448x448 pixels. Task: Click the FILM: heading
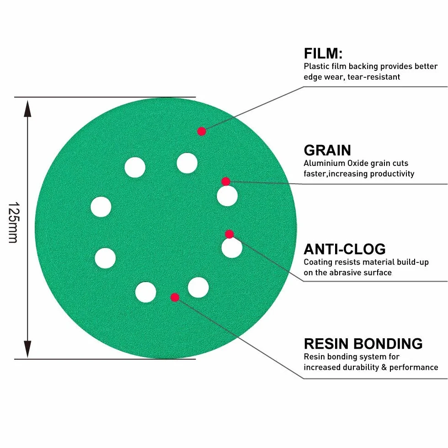pos(323,53)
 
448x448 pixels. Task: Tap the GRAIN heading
pos(327,150)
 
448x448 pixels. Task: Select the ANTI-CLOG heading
pos(345,249)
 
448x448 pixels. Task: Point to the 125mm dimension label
pos(13,223)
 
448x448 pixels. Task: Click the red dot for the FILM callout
pos(202,132)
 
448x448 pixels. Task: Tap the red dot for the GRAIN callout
pos(226,181)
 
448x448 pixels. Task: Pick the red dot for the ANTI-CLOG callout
pos(229,234)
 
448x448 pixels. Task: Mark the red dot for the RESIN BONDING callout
pos(175,298)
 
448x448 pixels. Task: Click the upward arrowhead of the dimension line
pos(27,109)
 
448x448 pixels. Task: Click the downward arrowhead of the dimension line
pos(27,349)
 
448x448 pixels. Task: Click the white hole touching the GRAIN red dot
pos(227,196)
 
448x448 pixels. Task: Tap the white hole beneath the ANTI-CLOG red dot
pos(232,247)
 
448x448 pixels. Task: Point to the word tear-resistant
pos(374,77)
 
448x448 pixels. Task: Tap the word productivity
pos(392,174)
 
